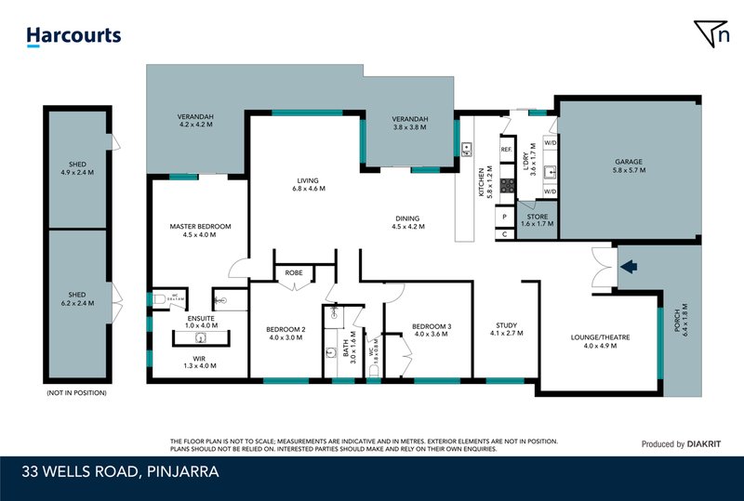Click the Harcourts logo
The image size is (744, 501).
pyautogui.click(x=74, y=36)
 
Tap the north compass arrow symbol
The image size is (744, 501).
pyautogui.click(x=711, y=33)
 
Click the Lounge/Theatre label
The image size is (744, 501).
pyautogui.click(x=599, y=340)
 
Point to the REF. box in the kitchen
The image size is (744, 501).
pyautogui.click(x=507, y=150)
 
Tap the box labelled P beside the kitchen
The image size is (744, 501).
pyautogui.click(x=504, y=217)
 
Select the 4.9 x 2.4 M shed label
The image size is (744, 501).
pyautogui.click(x=77, y=166)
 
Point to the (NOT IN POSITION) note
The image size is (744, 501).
pyautogui.click(x=76, y=393)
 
